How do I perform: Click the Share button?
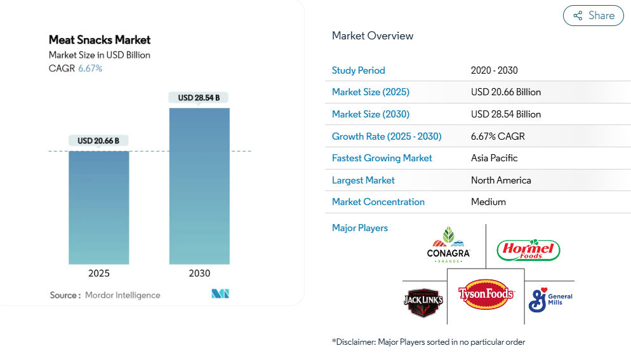click(594, 16)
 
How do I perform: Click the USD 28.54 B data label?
click(199, 98)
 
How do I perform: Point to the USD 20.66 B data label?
click(98, 140)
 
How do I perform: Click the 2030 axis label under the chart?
click(199, 274)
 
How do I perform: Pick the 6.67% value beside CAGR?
click(90, 69)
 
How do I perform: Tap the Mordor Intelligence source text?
click(123, 295)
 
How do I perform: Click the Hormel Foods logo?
click(528, 250)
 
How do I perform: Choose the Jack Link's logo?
click(423, 302)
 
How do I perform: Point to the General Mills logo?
click(550, 300)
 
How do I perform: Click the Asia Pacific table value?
click(495, 158)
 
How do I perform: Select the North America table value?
click(501, 180)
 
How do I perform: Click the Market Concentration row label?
click(378, 202)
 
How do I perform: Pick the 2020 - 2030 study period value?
click(495, 70)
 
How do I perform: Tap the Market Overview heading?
click(373, 36)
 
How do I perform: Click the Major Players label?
click(360, 228)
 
